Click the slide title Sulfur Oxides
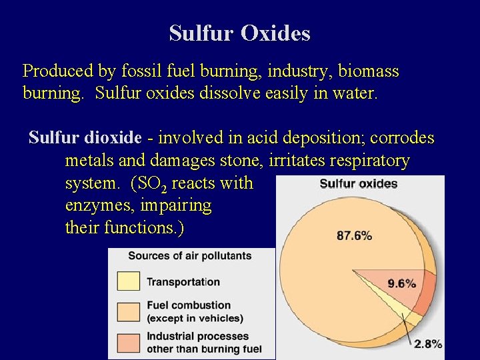(x=239, y=33)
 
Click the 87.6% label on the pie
(x=355, y=235)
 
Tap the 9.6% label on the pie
(x=402, y=283)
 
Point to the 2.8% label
(x=427, y=344)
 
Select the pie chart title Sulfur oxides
(x=359, y=184)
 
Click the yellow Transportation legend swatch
(x=129, y=281)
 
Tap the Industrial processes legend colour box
(x=129, y=342)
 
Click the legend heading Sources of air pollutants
(x=189, y=255)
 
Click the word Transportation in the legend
(x=183, y=282)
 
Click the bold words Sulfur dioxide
(x=85, y=138)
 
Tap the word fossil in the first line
(x=141, y=70)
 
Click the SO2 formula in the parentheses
(x=153, y=184)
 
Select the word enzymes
(x=97, y=206)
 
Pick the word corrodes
(x=402, y=138)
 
